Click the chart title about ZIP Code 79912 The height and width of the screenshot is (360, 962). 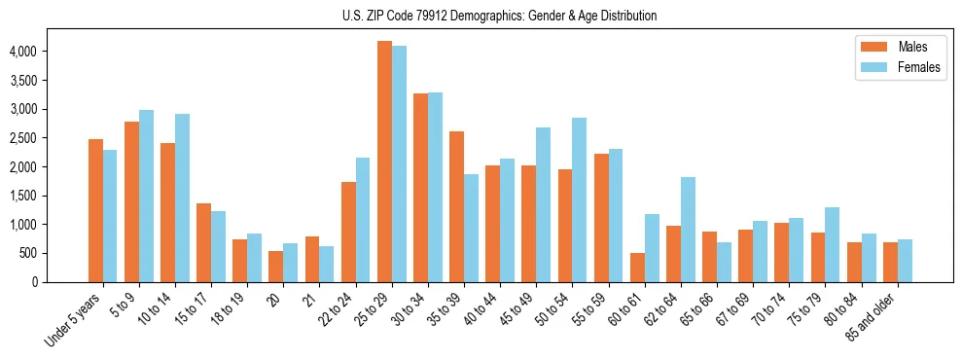click(500, 16)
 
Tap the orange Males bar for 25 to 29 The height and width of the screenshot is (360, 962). click(384, 162)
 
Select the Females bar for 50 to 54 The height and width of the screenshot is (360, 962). click(579, 200)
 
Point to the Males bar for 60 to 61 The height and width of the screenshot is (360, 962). click(637, 268)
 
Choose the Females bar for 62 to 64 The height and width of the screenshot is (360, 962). click(688, 230)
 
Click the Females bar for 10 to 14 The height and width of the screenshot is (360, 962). click(182, 198)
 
